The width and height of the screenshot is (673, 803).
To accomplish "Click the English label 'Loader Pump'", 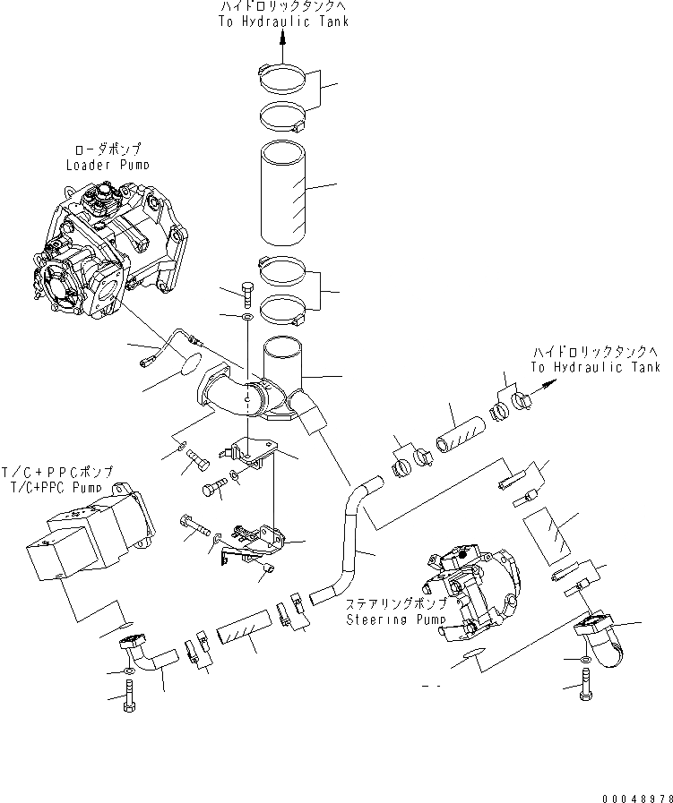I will pos(108,165).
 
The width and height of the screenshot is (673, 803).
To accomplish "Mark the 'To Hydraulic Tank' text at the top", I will pos(284,21).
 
